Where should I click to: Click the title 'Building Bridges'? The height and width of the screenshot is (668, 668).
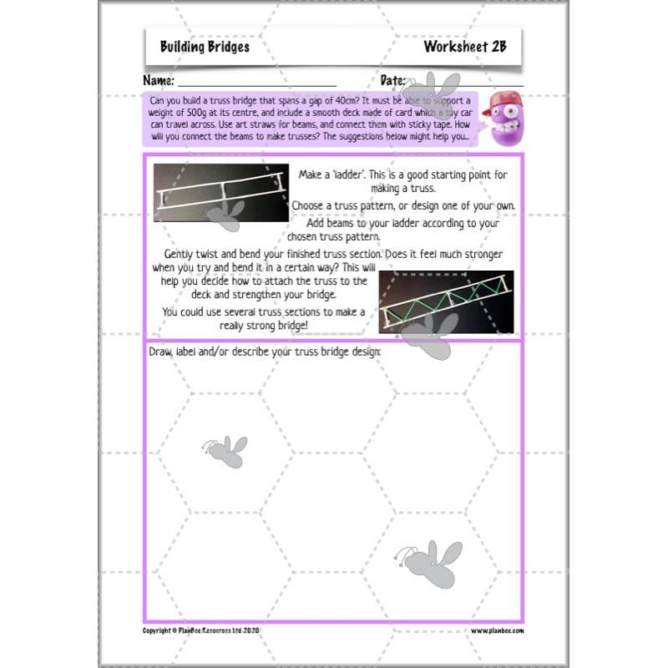(205, 47)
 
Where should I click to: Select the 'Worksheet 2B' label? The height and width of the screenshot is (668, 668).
(464, 47)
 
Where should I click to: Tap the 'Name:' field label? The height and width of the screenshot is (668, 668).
(159, 81)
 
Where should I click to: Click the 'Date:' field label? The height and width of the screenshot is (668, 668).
(393, 81)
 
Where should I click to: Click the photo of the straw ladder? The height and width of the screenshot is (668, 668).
(220, 192)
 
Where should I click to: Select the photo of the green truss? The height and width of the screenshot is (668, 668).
(446, 301)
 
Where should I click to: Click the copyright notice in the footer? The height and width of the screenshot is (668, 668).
(201, 630)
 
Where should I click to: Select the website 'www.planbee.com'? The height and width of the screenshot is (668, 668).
(497, 630)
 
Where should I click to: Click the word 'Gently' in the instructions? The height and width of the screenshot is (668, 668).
(182, 254)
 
